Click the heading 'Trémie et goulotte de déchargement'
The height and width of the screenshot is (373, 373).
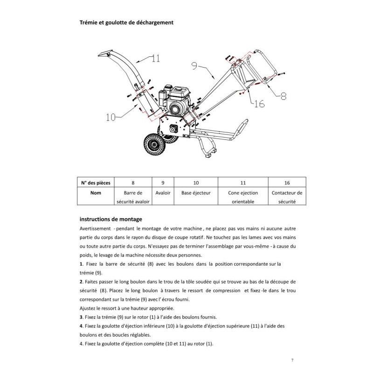[127, 22]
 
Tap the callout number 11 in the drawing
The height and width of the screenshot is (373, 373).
[155, 59]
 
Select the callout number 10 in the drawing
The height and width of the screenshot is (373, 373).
[111, 118]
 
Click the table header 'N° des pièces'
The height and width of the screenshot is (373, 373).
[96, 182]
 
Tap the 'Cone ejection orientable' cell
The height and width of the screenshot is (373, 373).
[243, 197]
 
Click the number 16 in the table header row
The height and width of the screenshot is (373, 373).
[287, 182]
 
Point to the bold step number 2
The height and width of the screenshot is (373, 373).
[81, 282]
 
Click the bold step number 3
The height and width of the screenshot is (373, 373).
[81, 317]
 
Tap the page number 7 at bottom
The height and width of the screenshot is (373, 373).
[291, 360]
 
